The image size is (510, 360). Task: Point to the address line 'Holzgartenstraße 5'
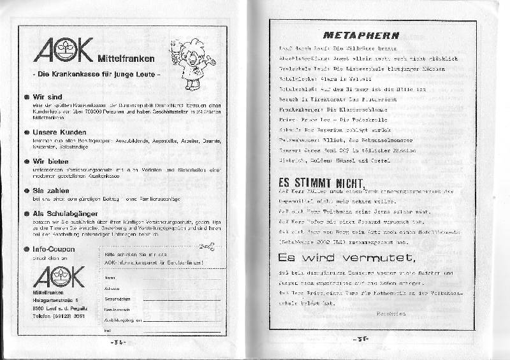coord(56,299)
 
